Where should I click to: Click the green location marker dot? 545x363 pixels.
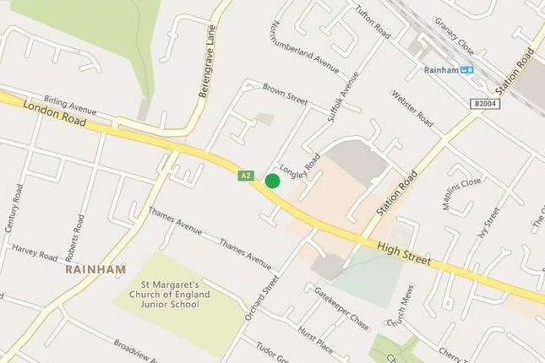pyautogui.click(x=272, y=181)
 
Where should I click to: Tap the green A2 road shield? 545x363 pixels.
pyautogui.click(x=245, y=176)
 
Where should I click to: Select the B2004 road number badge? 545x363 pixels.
pyautogui.click(x=485, y=102)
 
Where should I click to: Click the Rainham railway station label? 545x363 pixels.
pyautogui.click(x=442, y=70)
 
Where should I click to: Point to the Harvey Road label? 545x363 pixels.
pyautogui.click(x=35, y=251)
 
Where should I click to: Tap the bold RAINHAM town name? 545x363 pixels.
pyautogui.click(x=94, y=269)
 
